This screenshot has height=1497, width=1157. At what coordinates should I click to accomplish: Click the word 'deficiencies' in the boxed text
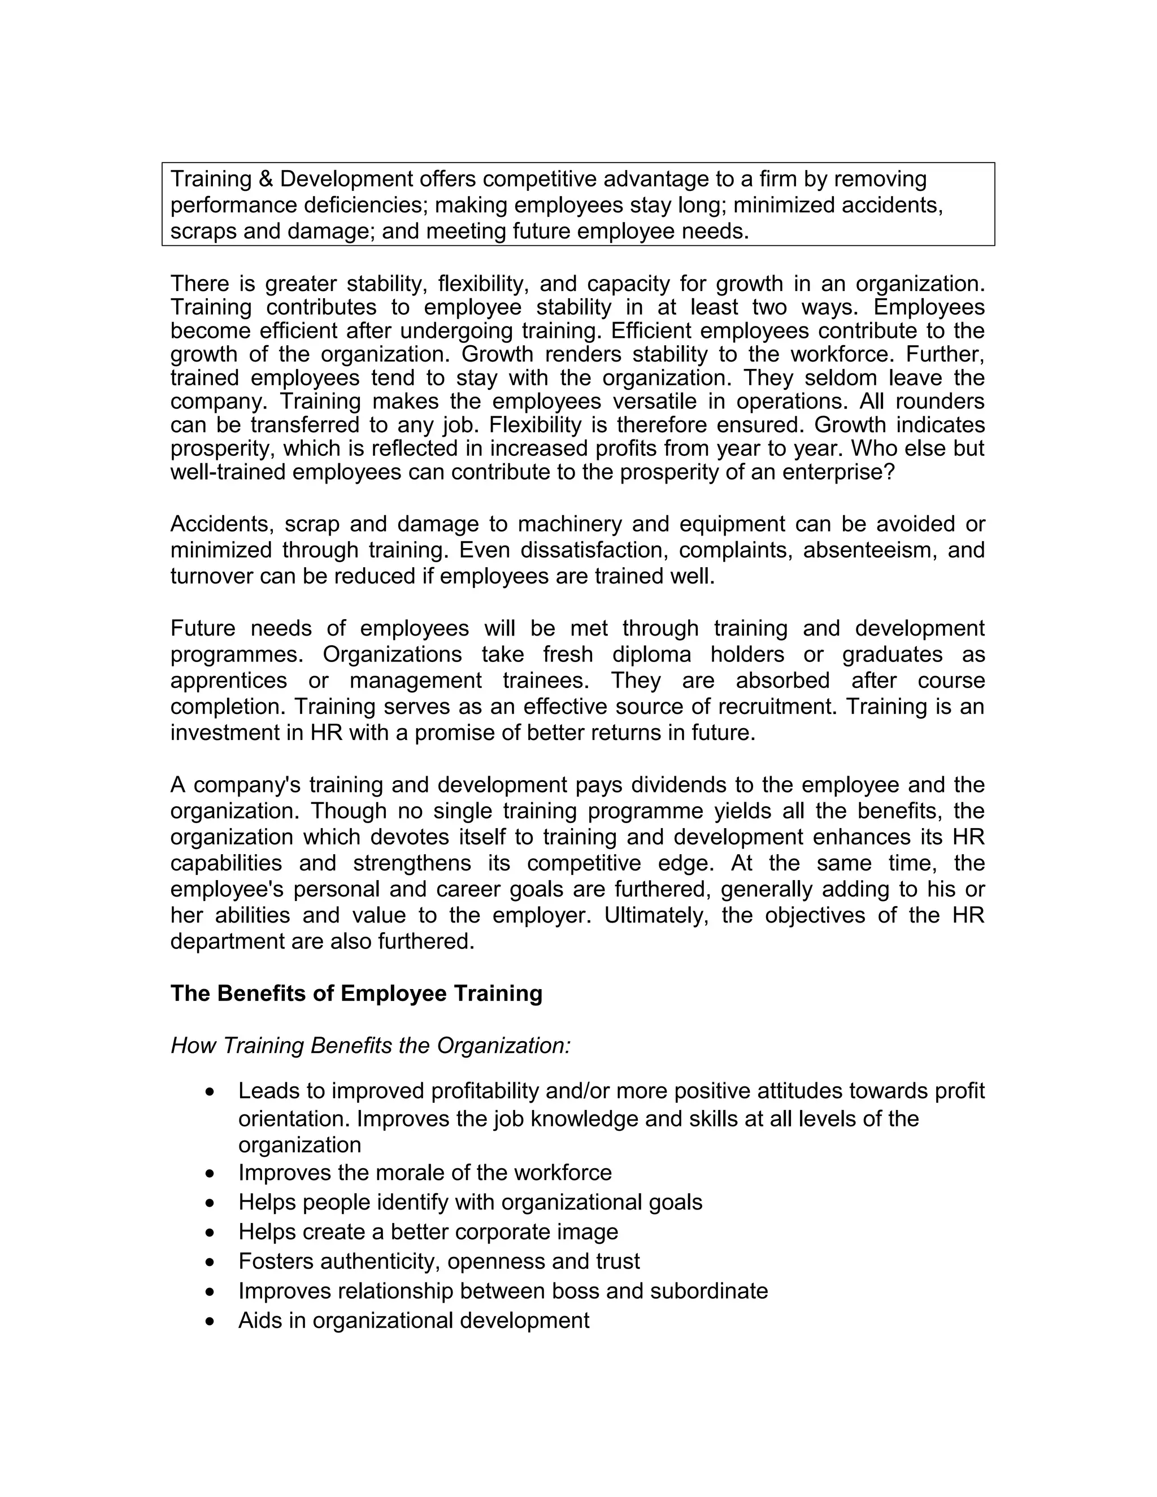tap(366, 206)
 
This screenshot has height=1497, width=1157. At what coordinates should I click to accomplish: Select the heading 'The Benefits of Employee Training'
tap(356, 994)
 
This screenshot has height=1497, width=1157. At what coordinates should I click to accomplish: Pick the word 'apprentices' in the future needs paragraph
tap(228, 681)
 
